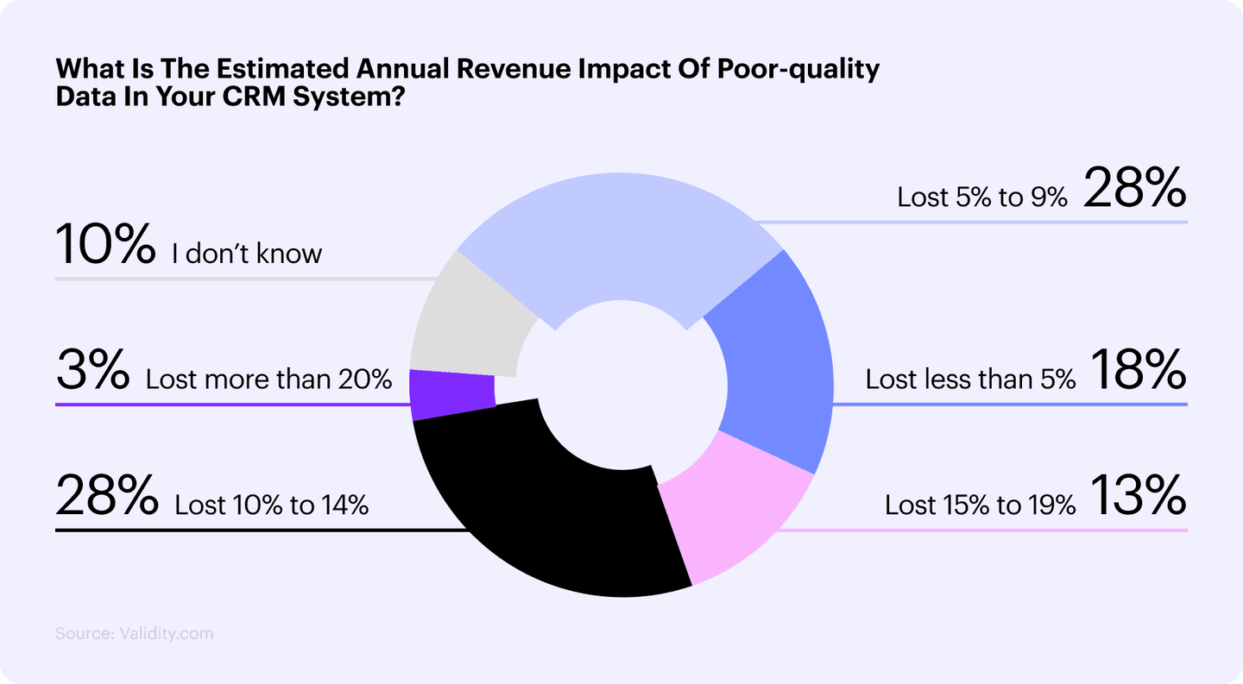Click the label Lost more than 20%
[x=268, y=379]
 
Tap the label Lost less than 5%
[x=970, y=379]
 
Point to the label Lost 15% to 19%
[x=980, y=505]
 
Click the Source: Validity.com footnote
[x=134, y=633]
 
